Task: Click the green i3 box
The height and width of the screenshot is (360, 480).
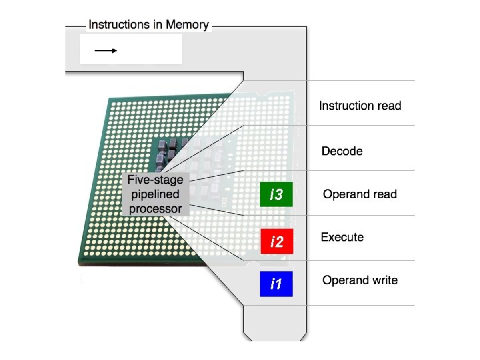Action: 276,195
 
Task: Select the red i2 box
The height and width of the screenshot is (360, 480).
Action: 276,241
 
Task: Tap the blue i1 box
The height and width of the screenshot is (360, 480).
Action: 276,285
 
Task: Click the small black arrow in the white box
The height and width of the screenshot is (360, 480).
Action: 105,49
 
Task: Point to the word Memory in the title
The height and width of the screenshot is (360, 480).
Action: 187,25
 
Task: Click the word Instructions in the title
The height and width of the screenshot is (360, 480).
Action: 117,25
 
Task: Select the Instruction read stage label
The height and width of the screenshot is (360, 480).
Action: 360,105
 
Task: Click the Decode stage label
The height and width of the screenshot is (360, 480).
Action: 342,151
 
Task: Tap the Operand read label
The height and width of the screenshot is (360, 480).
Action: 360,195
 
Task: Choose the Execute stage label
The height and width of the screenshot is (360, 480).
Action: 342,237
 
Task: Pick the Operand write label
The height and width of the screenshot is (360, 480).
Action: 360,280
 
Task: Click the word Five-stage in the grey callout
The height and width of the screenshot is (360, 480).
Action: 155,180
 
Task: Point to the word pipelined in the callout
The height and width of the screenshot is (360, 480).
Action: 155,195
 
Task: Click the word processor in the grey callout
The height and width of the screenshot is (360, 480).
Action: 155,209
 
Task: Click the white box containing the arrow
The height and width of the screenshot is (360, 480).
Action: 131,49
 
